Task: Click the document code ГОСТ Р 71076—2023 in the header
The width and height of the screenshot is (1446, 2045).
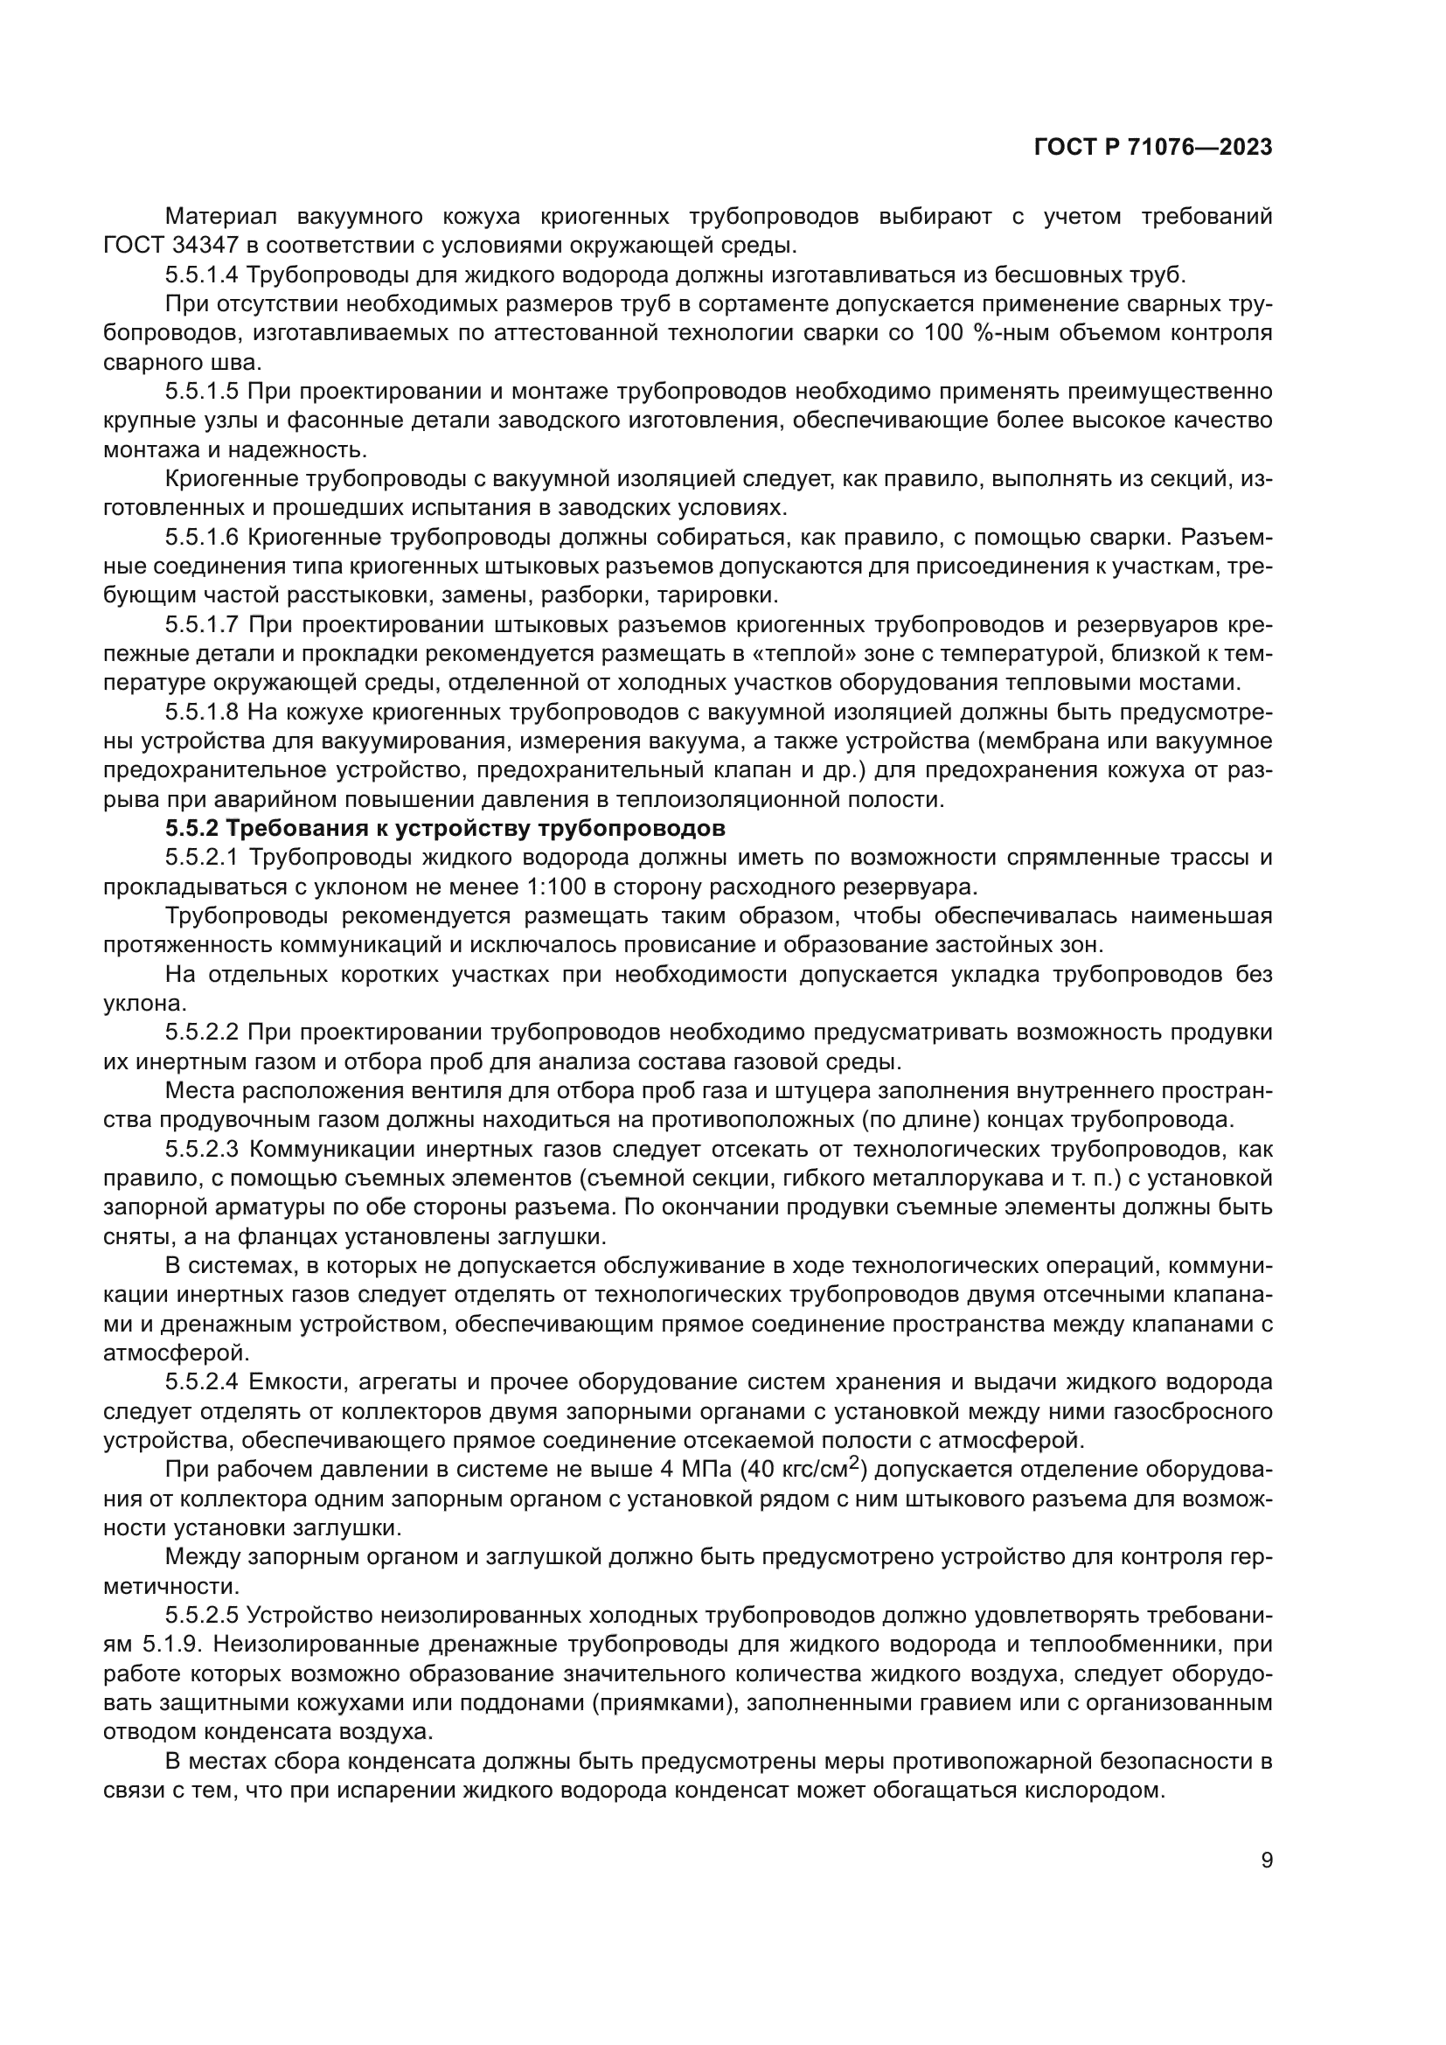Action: (1152, 148)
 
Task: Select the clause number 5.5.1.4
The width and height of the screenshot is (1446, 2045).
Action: (201, 275)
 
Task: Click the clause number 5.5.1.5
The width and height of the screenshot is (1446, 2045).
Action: (201, 391)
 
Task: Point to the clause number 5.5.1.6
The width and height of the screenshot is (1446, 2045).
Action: (201, 537)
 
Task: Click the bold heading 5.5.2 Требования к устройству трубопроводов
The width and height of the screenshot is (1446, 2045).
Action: (445, 829)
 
